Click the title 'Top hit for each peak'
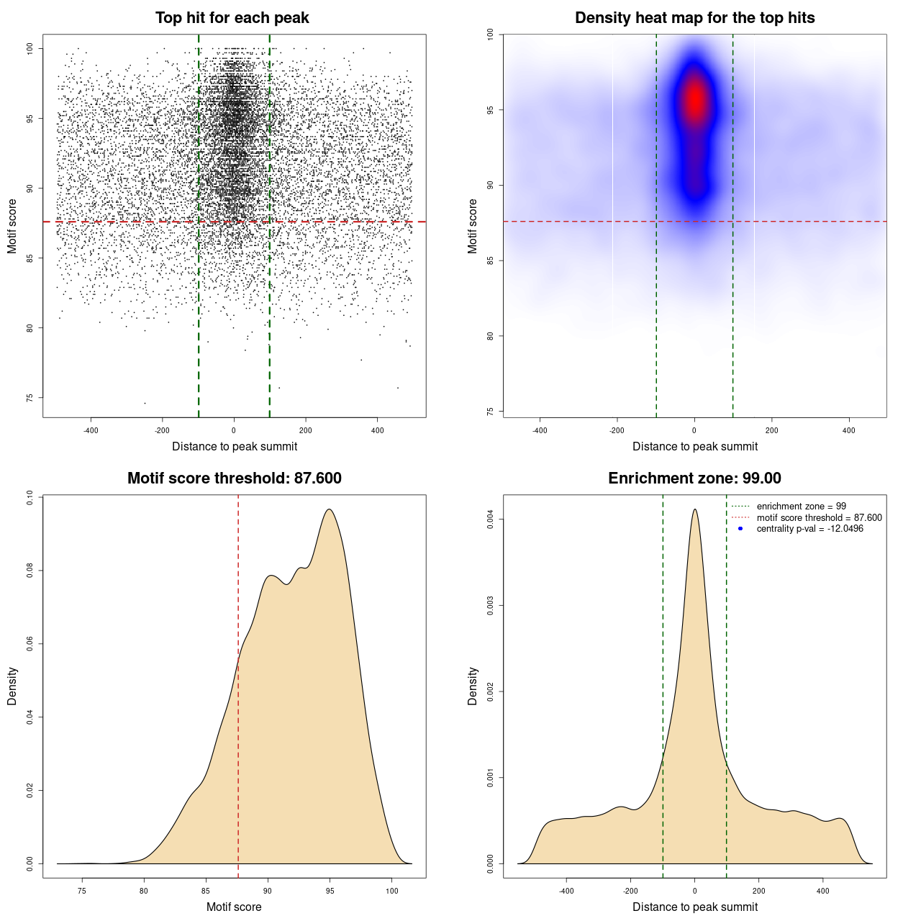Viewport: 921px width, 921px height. (x=232, y=18)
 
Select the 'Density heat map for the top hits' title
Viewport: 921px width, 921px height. (x=694, y=18)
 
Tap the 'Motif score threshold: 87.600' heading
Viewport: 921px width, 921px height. (x=234, y=478)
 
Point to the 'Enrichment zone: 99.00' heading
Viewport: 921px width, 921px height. (x=694, y=478)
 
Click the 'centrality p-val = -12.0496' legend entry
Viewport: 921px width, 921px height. (x=809, y=529)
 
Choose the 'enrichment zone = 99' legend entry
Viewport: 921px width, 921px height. (x=801, y=507)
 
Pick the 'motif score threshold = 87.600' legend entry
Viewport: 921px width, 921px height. (x=819, y=518)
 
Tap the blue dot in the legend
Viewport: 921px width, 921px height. (x=740, y=529)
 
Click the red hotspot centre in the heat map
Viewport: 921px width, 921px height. (x=695, y=101)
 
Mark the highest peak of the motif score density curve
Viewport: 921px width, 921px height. (x=330, y=509)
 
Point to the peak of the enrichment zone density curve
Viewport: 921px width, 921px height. (x=694, y=509)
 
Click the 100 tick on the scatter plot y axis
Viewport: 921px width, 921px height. (x=30, y=48)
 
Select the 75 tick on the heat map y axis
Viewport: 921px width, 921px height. (x=490, y=412)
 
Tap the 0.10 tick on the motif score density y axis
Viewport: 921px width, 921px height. (x=30, y=498)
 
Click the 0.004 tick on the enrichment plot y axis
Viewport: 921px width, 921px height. (x=490, y=520)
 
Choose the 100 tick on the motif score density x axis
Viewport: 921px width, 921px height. (x=391, y=891)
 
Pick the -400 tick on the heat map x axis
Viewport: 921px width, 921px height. (x=540, y=431)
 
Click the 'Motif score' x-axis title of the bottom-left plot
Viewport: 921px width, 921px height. (x=234, y=907)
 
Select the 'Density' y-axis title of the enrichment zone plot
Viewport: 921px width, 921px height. (x=473, y=686)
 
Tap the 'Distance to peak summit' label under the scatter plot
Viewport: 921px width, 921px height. (x=235, y=447)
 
